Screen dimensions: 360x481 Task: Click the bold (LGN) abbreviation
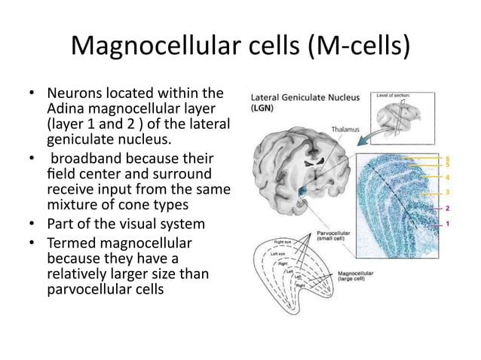[264, 108]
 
